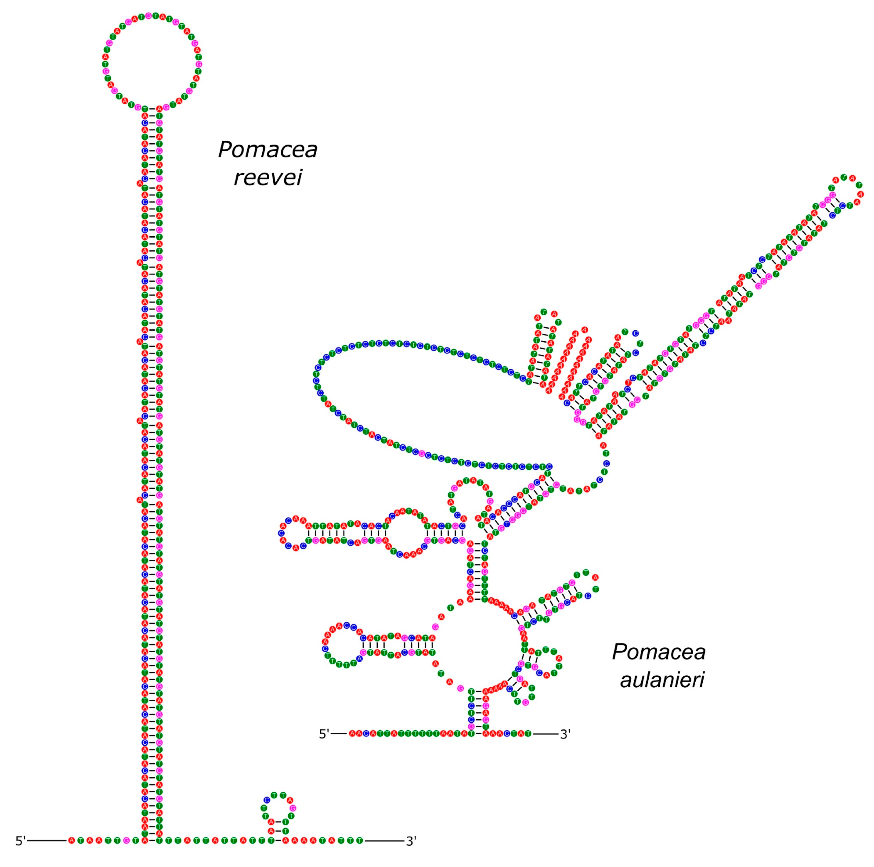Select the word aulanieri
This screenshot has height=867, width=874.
[662, 680]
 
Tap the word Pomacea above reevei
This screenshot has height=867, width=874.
[268, 150]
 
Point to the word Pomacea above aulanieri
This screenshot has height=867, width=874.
[659, 652]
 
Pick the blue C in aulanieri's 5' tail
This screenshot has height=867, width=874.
[366, 734]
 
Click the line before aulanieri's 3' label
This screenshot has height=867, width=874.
[545, 734]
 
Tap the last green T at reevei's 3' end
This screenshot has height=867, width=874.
[360, 841]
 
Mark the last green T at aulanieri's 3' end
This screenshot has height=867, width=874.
[528, 734]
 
